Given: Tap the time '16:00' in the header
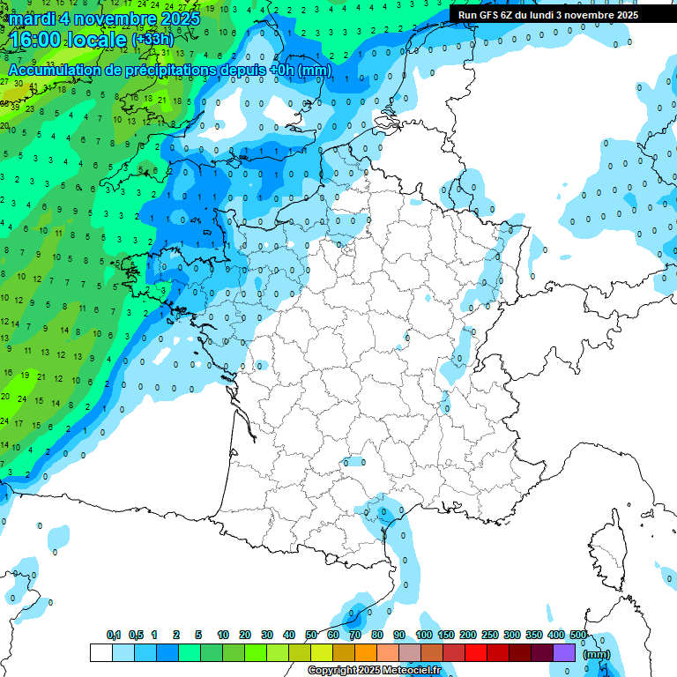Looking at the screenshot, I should click(35, 40).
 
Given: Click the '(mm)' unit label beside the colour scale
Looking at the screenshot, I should click(597, 653).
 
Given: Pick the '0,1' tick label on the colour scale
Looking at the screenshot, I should click(114, 635).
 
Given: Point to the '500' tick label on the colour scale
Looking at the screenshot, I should click(578, 635).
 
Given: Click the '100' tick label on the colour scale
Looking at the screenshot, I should click(424, 635).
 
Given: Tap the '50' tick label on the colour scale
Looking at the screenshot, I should click(311, 635).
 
